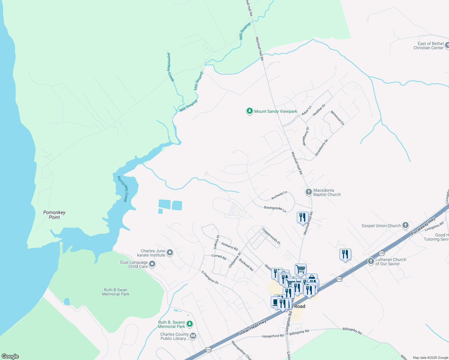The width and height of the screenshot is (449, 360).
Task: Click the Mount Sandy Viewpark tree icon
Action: (x=249, y=111)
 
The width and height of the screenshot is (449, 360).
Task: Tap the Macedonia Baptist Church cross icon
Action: (x=309, y=192)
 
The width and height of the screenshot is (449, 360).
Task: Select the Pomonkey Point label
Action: (x=54, y=215)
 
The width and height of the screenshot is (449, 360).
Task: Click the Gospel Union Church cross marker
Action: (x=405, y=226)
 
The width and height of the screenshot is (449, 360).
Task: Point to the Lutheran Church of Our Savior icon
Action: (x=371, y=261)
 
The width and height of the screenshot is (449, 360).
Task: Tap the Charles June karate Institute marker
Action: (x=170, y=253)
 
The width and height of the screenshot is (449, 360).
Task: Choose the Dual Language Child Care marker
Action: (x=152, y=264)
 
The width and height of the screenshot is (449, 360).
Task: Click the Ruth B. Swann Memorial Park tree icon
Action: (x=189, y=324)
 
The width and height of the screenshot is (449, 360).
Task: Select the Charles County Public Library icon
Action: (x=193, y=336)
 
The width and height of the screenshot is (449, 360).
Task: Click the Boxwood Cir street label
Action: (x=337, y=118)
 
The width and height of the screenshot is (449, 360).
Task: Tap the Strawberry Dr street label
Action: (x=321, y=147)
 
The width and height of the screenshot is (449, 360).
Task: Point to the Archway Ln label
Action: (x=279, y=195)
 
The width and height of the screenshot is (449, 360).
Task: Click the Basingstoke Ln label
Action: (x=275, y=209)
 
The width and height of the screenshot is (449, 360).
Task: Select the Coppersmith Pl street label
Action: (x=271, y=236)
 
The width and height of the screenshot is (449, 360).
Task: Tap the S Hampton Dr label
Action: (x=210, y=277)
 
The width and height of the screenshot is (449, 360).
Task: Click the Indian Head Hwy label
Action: (x=253, y=327)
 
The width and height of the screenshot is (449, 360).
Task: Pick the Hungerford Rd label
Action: (x=273, y=336)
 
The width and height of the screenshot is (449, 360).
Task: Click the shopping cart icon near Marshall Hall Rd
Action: (x=300, y=269)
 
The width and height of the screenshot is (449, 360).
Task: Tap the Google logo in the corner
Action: (x=10, y=356)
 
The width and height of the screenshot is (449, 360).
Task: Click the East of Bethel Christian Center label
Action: (x=428, y=46)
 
